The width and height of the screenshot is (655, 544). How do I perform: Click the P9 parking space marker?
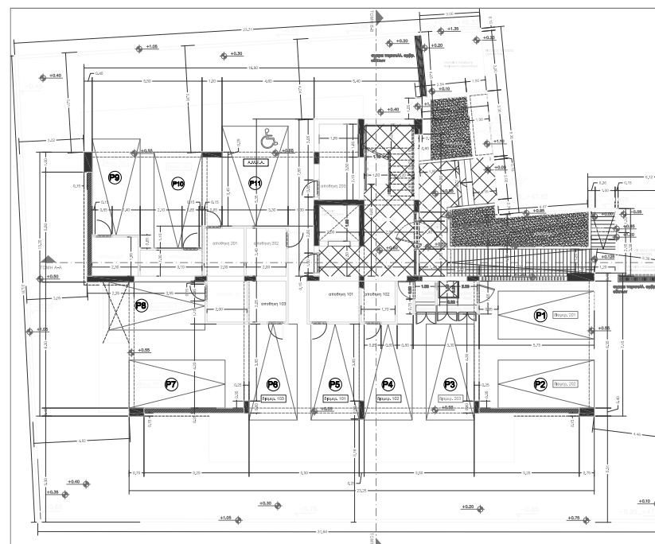pos(115,178)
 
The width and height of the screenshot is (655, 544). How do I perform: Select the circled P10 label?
pos(178,184)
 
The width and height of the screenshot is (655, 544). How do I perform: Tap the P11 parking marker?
pos(255,183)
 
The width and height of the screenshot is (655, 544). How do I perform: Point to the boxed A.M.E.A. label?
pos(255,161)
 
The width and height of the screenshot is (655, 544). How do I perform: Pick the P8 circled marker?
pos(142,305)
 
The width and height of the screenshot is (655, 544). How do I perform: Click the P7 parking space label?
pos(170,384)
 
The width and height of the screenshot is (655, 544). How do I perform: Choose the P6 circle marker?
pos(273,383)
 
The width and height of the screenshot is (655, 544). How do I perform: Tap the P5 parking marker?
pos(335,383)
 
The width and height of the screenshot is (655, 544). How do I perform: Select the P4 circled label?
pos(388,383)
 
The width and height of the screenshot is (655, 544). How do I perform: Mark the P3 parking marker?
pos(449,383)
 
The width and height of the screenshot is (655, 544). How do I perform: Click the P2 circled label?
pos(540,384)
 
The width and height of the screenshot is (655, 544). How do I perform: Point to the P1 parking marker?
pos(540,315)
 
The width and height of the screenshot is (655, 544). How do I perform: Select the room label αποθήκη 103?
pos(273,304)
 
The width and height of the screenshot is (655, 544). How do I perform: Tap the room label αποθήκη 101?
pos(341,293)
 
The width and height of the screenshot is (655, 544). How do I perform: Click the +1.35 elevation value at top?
pos(453,29)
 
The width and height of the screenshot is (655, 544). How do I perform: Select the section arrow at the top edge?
pos(379,16)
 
